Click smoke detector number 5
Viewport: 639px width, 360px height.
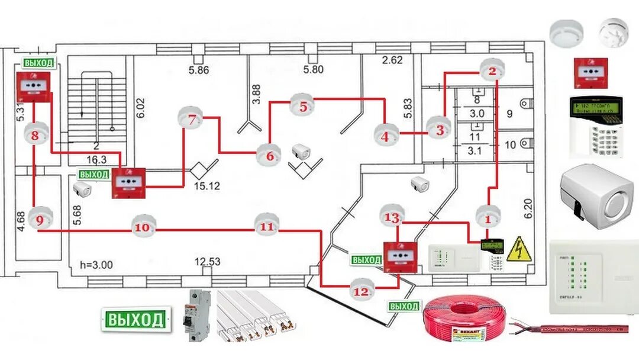point(302,107)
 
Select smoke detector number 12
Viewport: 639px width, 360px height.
point(362,291)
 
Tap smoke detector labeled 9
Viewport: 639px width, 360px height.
point(40,220)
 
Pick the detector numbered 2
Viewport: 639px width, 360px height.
point(491,72)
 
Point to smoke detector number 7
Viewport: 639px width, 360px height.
point(191,119)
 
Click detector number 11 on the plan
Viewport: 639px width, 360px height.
point(267,226)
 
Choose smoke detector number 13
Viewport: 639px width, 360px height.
point(392,217)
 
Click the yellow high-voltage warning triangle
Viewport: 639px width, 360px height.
point(519,249)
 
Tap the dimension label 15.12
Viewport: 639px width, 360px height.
point(207,186)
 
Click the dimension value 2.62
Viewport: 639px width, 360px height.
point(392,59)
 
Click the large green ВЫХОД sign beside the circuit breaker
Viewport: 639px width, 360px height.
point(135,320)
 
